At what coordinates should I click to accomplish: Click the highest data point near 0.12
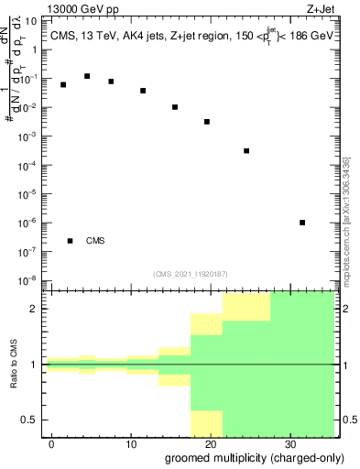point(87,76)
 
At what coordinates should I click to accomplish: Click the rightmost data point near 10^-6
point(302,223)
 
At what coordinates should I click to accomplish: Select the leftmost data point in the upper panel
point(63,84)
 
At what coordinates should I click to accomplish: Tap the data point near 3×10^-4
point(246,151)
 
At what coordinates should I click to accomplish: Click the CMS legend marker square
point(71,241)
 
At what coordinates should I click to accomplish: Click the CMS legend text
point(95,241)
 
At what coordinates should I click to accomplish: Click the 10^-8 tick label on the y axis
point(29,280)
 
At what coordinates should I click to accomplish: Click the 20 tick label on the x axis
point(210,442)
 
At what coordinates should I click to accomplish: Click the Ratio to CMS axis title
point(15,365)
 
